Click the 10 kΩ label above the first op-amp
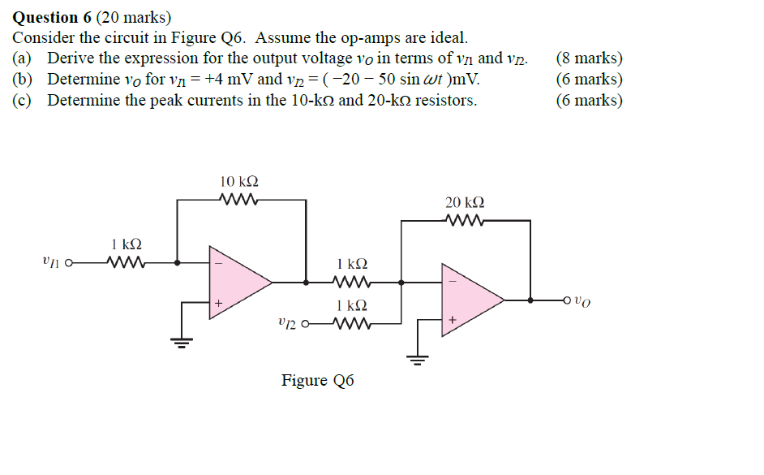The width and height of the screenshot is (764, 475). (x=239, y=181)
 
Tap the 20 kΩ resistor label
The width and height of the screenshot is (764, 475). (x=465, y=202)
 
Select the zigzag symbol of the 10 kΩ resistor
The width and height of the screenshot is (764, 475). (x=239, y=199)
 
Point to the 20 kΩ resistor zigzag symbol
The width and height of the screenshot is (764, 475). (x=466, y=220)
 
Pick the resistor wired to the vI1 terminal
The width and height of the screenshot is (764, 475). (x=126, y=262)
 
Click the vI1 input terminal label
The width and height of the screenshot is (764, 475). (x=50, y=261)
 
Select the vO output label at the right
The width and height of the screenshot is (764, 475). (x=582, y=301)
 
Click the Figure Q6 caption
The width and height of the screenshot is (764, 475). (x=317, y=381)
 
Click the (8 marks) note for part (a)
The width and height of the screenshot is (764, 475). (x=590, y=58)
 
